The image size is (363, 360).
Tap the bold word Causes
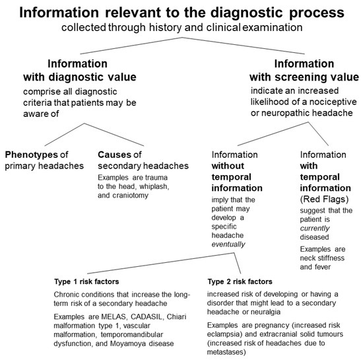114,155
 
